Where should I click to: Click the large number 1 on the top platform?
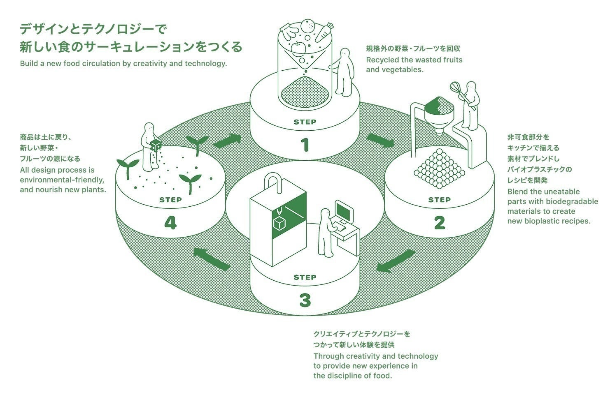(305, 145)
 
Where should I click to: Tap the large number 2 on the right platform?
(439, 223)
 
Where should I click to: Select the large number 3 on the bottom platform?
(305, 300)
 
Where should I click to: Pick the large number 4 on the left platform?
(170, 223)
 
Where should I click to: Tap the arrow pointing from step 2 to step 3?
(394, 261)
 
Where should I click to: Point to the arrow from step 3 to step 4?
(211, 259)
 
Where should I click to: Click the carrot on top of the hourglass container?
(324, 32)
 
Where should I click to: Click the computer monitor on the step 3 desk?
(344, 211)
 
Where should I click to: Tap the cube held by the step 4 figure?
(156, 145)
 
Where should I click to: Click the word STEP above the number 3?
(305, 277)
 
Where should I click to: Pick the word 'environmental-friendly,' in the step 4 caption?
(62, 180)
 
